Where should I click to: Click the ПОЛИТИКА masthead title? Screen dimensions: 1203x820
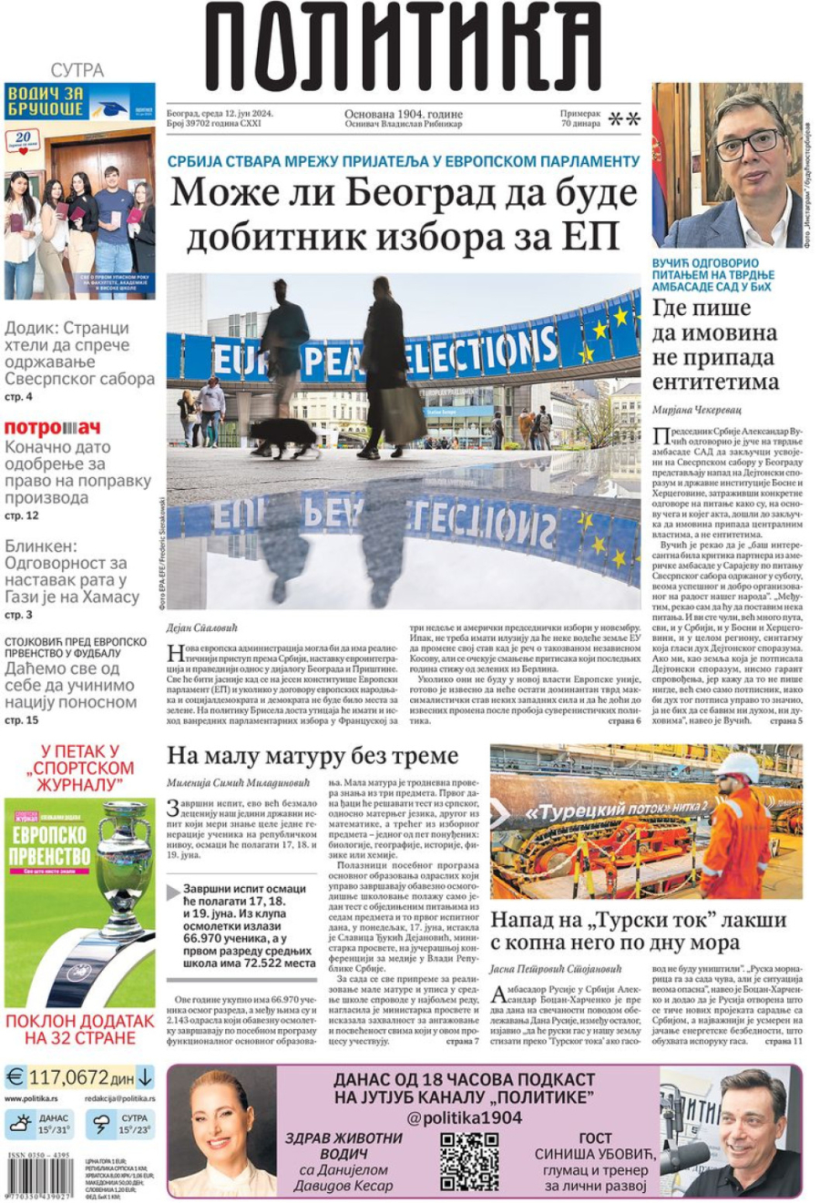(403, 46)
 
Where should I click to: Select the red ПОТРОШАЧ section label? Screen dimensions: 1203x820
(53, 427)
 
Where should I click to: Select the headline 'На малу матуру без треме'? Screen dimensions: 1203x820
(313, 756)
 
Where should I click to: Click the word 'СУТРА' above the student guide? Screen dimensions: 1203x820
(77, 70)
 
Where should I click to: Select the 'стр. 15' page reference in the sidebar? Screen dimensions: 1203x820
(21, 720)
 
